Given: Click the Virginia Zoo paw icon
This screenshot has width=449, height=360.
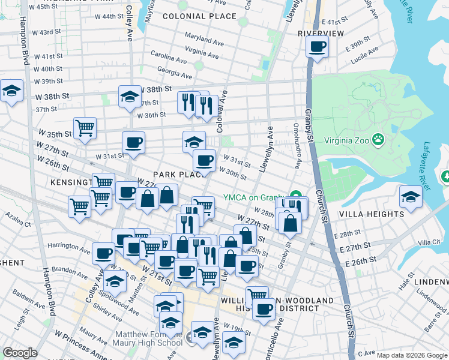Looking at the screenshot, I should [x=378, y=140].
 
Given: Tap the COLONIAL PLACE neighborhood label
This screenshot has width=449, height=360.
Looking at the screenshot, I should [x=199, y=16].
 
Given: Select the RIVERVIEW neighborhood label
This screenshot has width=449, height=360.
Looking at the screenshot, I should [x=321, y=33].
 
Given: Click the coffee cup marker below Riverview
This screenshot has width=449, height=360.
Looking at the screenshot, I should [x=317, y=46].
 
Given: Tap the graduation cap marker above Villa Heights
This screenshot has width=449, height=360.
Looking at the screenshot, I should [x=411, y=197].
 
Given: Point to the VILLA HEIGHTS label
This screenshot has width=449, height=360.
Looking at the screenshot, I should [x=372, y=214].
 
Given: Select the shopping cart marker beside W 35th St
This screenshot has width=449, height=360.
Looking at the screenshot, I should [x=85, y=128].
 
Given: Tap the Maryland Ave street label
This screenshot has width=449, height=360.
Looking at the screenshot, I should [x=204, y=39].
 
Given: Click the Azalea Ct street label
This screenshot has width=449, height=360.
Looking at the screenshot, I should [x=17, y=218].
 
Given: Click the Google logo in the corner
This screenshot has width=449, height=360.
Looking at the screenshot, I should [x=20, y=353].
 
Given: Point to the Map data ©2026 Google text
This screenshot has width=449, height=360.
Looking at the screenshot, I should [x=411, y=356].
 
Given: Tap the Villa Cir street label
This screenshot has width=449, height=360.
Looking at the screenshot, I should [x=429, y=242].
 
